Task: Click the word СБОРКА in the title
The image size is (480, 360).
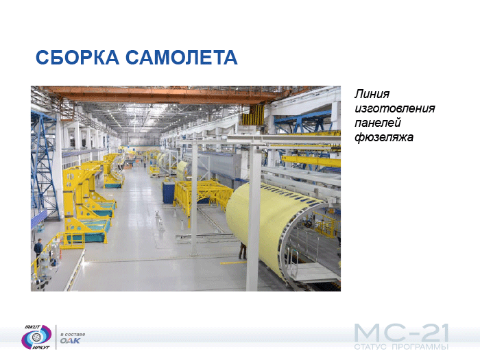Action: [77, 57]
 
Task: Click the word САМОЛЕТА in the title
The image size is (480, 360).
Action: [182, 57]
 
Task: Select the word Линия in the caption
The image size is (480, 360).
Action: [372, 94]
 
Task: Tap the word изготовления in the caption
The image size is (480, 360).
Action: [394, 108]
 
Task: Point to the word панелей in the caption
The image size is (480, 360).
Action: [378, 123]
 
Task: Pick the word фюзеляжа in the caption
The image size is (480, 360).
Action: [384, 137]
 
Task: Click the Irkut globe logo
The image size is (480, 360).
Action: [36, 337]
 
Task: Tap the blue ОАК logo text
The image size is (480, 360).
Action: [70, 341]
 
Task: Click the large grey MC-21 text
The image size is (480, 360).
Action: [401, 333]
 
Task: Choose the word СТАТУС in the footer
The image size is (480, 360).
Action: [371, 347]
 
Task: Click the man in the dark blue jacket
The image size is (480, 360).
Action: [38, 248]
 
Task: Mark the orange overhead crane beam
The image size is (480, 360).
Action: [159, 95]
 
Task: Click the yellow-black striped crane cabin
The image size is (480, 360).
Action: [253, 115]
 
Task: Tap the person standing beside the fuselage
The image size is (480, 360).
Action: [243, 251]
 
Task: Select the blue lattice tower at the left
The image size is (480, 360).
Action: [45, 165]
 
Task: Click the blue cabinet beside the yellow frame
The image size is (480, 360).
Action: [169, 192]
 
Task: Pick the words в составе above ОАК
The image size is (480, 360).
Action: [73, 334]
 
